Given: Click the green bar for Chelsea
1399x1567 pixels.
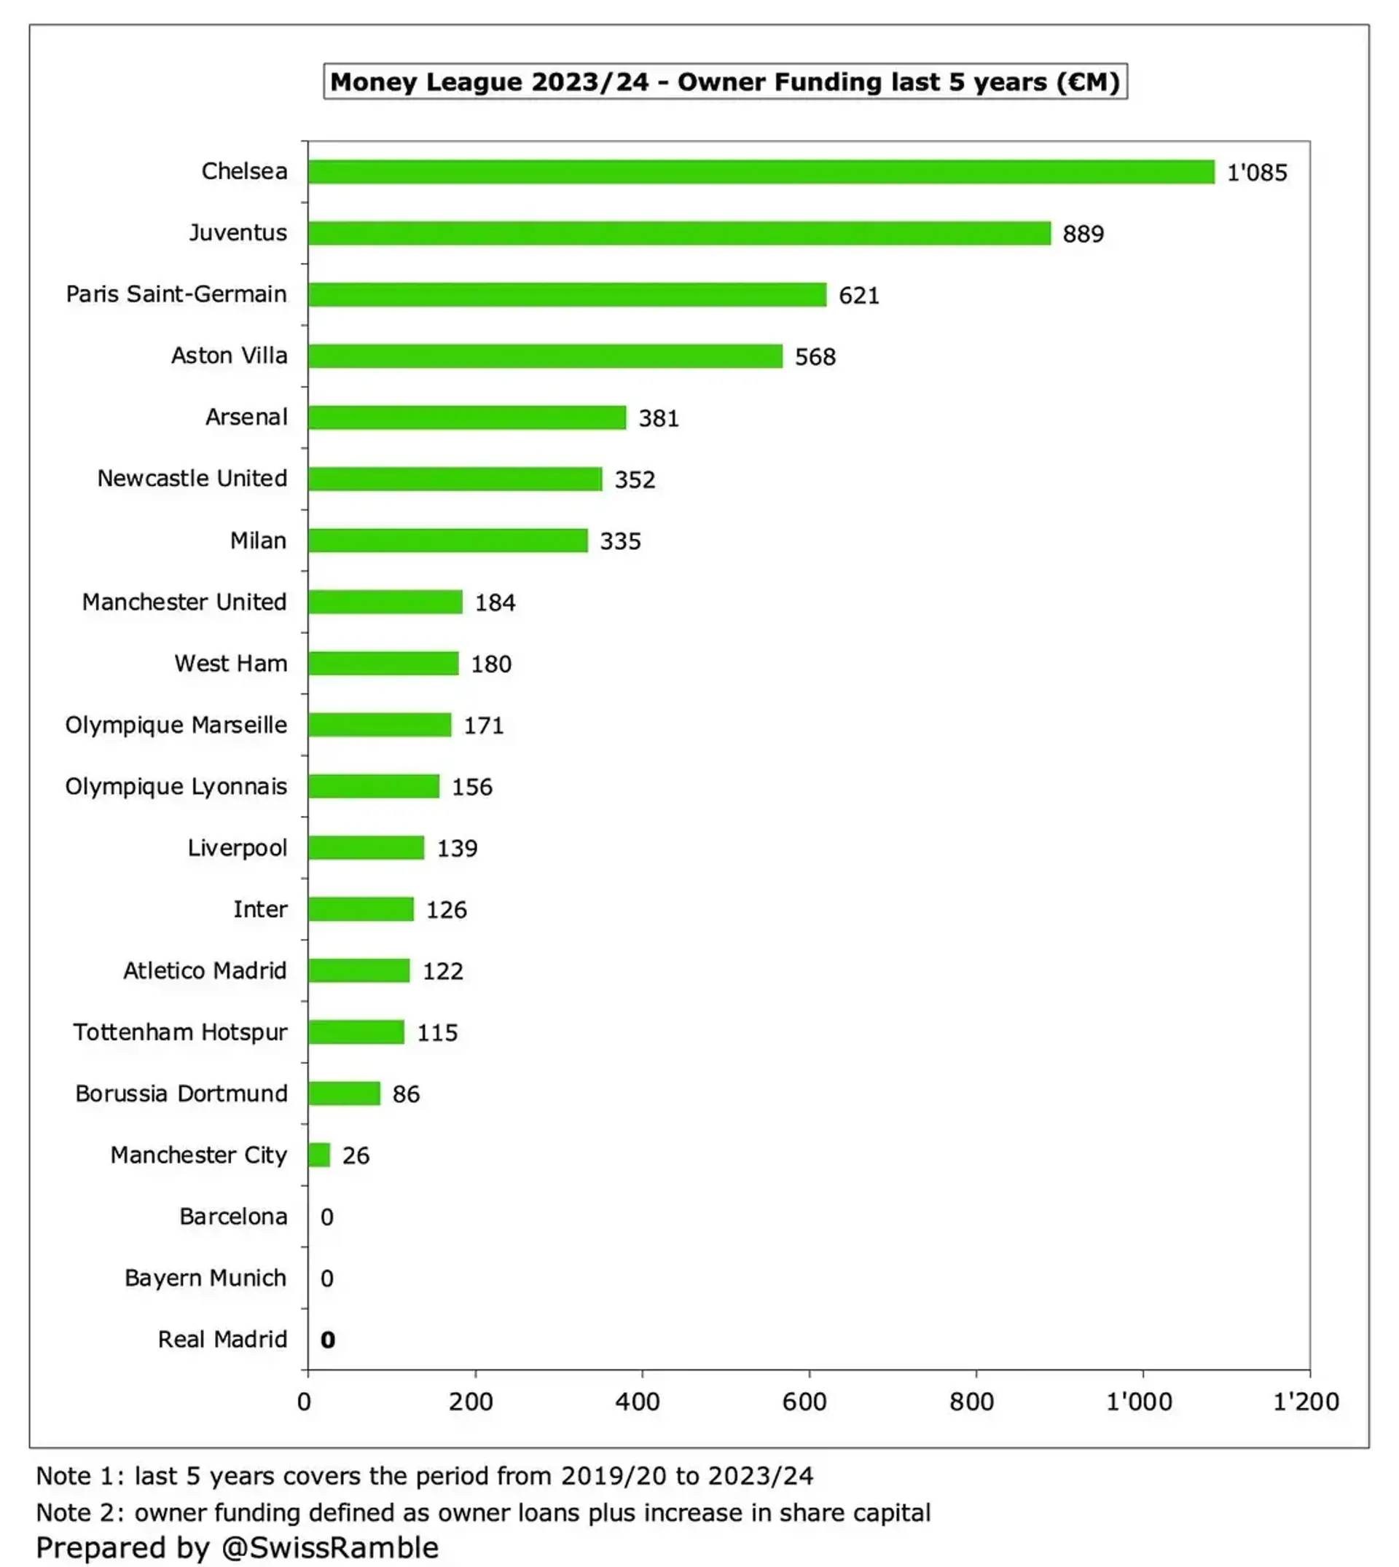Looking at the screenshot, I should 761,171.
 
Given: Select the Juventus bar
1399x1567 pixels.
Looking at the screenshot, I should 679,233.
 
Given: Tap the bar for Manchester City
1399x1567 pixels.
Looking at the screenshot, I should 319,1155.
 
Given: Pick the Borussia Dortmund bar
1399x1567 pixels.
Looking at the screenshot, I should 344,1093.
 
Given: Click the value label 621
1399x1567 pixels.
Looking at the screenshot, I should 858,295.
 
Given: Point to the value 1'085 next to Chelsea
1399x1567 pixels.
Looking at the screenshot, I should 1256,172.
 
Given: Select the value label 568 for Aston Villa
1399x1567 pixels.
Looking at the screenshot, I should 815,356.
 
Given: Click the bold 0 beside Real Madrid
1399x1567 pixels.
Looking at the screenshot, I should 327,1340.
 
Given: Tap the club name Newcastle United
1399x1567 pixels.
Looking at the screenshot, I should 192,478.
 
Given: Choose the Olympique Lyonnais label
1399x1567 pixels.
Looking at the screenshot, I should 176,786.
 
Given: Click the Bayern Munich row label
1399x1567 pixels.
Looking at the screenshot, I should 205,1277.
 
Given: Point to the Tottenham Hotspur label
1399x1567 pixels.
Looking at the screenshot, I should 181,1032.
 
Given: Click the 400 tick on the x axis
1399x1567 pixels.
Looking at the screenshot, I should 638,1401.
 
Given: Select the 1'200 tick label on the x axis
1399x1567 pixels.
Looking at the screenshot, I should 1305,1401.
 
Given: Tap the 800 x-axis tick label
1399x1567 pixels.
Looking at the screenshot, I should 971,1401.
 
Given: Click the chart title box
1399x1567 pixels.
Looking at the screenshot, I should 725,82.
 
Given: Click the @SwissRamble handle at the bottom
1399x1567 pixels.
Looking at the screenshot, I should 330,1547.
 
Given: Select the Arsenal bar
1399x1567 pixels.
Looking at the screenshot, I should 466,417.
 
